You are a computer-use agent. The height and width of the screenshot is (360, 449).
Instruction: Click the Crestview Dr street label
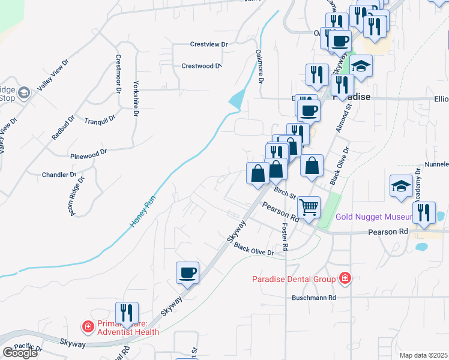tap(209, 44)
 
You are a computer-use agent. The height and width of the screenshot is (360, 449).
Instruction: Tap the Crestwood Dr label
tap(202, 66)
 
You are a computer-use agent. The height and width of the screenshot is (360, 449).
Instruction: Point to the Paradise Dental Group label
tap(294, 278)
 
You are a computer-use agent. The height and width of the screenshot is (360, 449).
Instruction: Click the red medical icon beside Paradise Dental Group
tap(345, 278)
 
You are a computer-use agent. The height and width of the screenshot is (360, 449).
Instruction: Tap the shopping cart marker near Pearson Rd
tap(309, 207)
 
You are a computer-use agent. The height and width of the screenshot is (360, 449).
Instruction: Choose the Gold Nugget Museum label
tap(372, 217)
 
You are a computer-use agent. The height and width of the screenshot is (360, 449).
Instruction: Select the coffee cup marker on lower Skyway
tap(187, 273)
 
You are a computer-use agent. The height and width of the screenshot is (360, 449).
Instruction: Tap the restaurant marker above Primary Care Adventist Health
tap(127, 313)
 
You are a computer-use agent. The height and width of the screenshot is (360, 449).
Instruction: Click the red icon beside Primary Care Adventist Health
tap(88, 327)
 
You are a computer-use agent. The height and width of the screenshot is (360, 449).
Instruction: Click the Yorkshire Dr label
tap(136, 98)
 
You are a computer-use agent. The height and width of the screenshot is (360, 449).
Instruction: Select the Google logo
tap(20, 353)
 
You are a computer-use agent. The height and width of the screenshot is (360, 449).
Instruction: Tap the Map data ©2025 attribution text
tap(424, 355)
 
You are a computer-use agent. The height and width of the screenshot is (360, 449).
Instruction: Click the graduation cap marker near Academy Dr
tap(400, 185)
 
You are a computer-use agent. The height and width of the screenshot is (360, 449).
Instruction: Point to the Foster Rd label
tap(285, 238)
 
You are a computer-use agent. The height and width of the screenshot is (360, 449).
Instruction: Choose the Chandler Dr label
tap(59, 175)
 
